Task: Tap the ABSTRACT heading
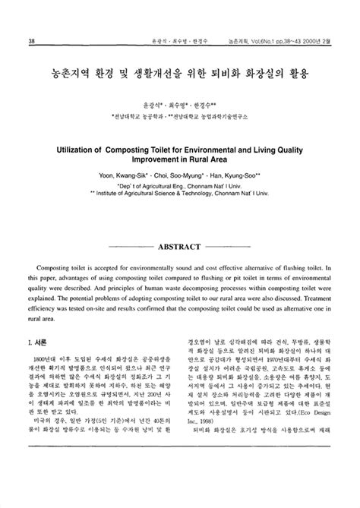point(179,247)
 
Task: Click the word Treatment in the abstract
point(303,299)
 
